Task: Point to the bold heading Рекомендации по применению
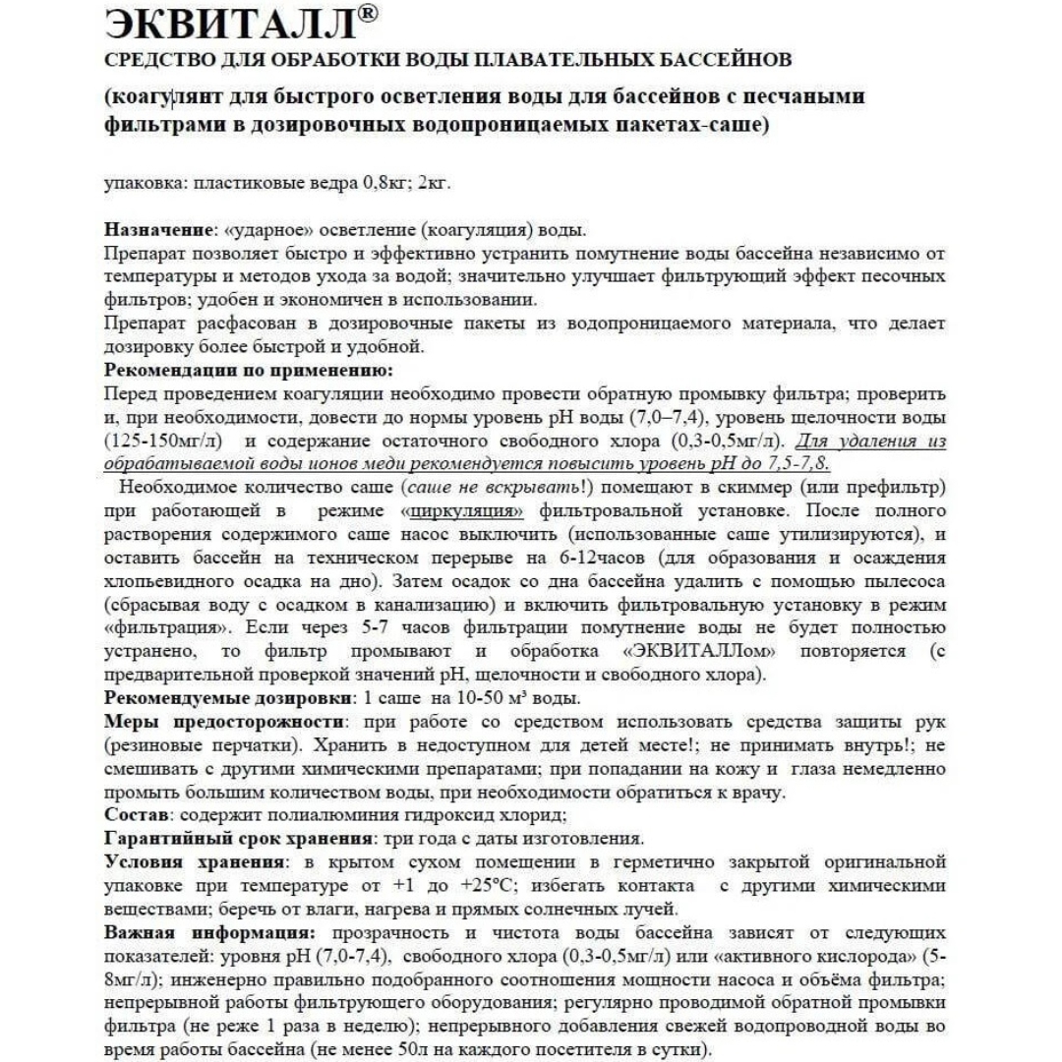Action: (248, 371)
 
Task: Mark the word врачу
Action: (758, 792)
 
